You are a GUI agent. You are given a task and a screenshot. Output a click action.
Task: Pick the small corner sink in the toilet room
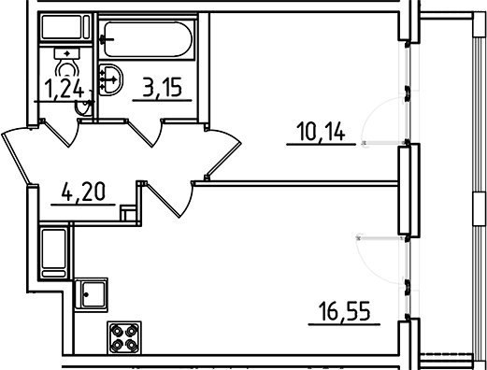click(82, 109)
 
